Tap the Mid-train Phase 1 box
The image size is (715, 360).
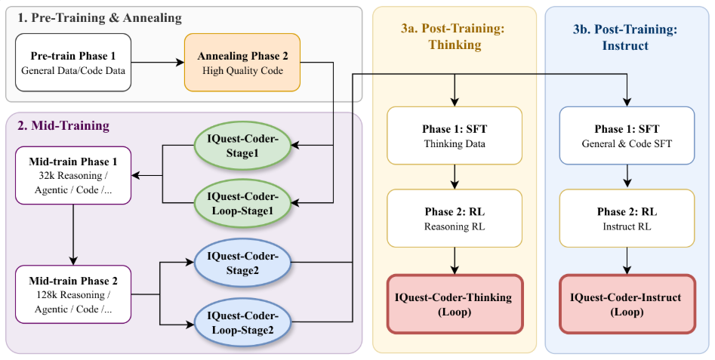coord(73,176)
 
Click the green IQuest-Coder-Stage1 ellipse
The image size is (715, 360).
coord(242,146)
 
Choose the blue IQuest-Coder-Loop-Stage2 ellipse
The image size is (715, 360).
coord(242,322)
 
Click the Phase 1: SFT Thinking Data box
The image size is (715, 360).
coord(455,136)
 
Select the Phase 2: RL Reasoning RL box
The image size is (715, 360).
coord(455,218)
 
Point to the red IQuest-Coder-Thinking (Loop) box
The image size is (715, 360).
coord(455,303)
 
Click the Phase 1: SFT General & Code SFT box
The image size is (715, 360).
coord(626,136)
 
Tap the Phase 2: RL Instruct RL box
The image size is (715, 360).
coord(626,218)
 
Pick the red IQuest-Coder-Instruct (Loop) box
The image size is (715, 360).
coord(626,303)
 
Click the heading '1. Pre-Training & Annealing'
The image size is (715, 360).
coord(99,17)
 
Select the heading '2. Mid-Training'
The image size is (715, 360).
coord(63,125)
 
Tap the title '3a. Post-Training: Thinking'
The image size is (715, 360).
coord(454,36)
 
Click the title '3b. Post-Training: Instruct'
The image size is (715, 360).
coord(626,36)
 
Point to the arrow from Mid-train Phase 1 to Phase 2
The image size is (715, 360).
coord(73,234)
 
